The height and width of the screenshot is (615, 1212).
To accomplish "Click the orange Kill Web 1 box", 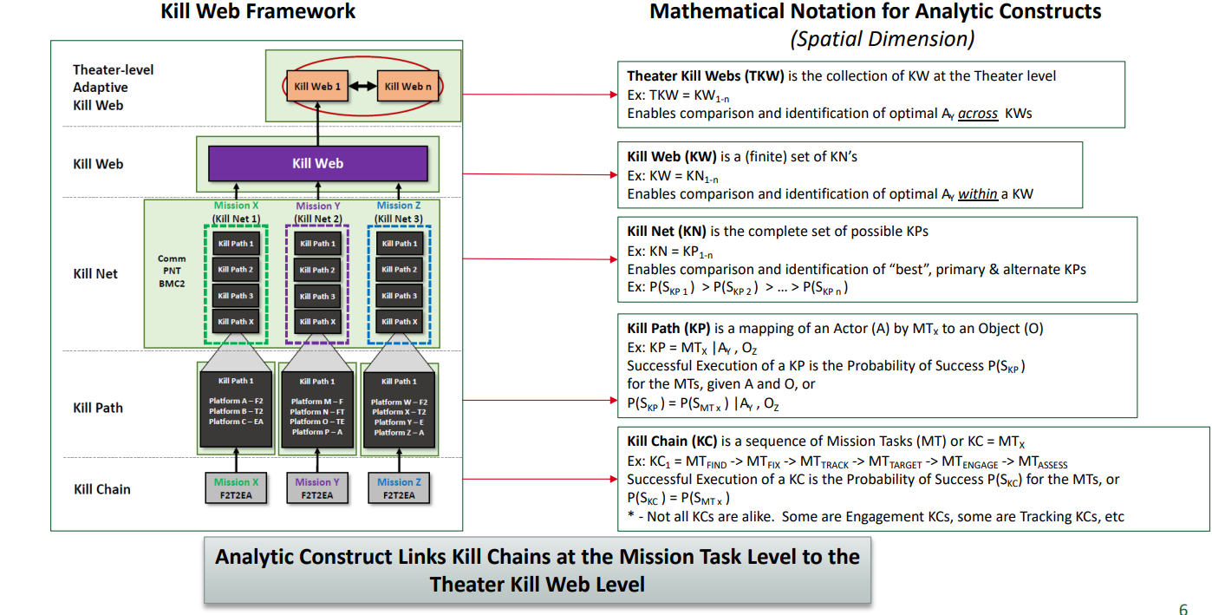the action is [x=317, y=86].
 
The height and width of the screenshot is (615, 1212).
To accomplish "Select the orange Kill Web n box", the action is [x=408, y=86].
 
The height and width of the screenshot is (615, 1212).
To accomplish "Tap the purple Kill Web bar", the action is [x=317, y=163].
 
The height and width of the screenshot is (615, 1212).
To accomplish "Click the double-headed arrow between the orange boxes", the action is [x=362, y=86].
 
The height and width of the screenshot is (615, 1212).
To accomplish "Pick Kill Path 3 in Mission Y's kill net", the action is [x=317, y=296].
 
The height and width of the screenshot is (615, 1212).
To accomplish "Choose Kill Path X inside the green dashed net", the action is [x=235, y=322].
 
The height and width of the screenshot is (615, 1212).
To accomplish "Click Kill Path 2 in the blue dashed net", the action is [x=400, y=270].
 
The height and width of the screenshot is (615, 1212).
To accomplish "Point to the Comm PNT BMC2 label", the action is [x=172, y=272].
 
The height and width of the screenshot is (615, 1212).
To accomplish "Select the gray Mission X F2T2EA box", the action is [x=236, y=487].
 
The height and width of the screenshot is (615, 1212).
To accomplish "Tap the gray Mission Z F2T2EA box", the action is [x=400, y=487].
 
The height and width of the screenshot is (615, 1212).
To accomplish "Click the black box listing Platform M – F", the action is [x=317, y=409].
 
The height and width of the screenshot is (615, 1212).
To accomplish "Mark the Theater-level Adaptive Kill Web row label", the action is [x=113, y=87].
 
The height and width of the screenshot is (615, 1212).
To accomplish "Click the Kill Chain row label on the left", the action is [x=102, y=489].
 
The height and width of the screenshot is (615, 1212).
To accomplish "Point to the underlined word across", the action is [x=978, y=113].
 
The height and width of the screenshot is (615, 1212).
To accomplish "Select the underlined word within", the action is [x=978, y=193].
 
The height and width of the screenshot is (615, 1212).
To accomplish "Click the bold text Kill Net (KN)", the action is [x=667, y=231].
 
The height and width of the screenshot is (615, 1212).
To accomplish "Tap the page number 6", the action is [x=1183, y=609].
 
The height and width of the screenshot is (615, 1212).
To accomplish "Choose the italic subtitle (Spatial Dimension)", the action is [x=883, y=39].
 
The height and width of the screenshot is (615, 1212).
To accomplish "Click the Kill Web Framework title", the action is [x=258, y=10].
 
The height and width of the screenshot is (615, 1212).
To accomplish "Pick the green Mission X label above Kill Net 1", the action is [x=236, y=206].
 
